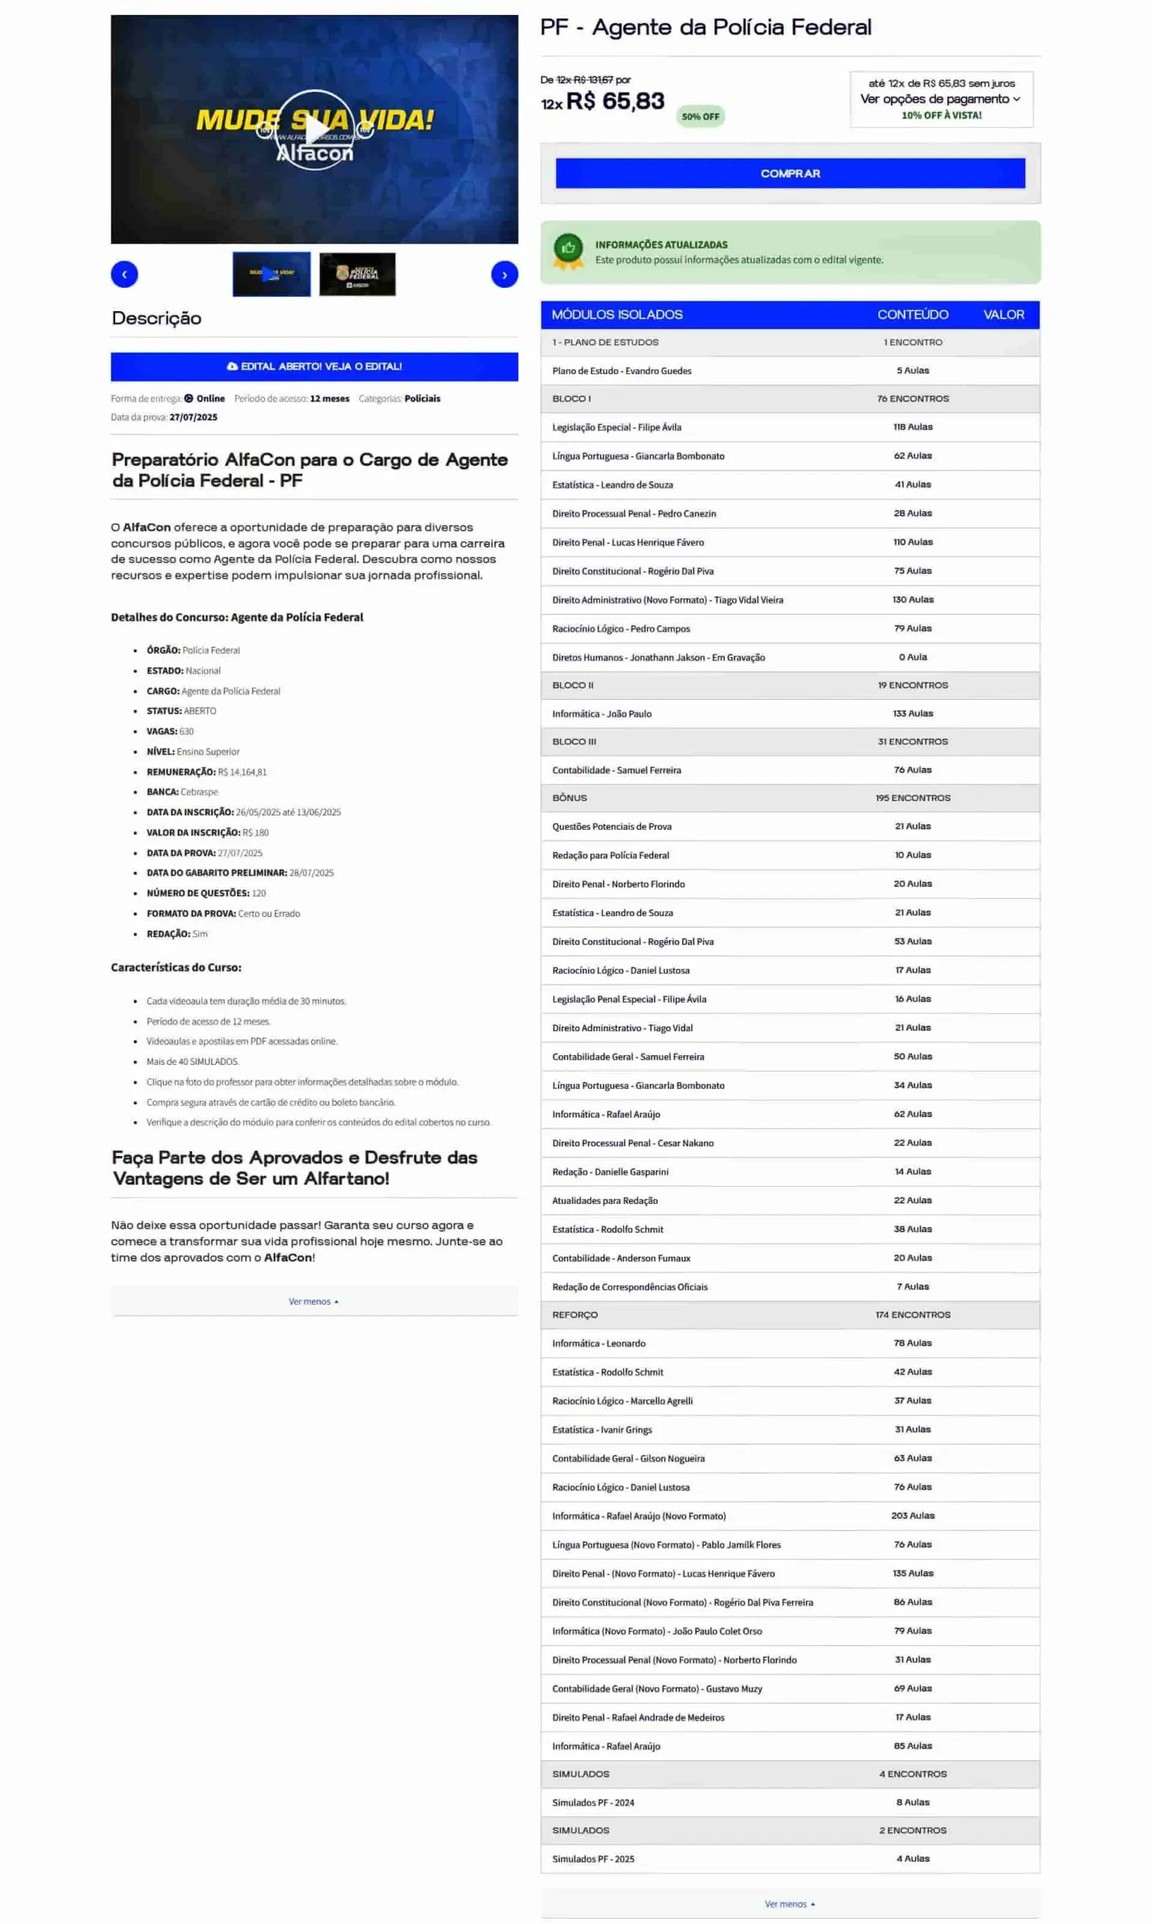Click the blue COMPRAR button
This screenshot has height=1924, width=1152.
click(x=790, y=173)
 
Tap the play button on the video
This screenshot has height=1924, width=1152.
click(x=314, y=129)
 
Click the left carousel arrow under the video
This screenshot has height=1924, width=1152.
click(x=124, y=274)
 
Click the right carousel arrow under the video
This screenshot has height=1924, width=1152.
click(x=504, y=274)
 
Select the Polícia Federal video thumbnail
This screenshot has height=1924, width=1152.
click(x=357, y=274)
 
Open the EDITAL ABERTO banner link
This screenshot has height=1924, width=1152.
click(x=314, y=366)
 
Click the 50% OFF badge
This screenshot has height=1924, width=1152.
click(x=700, y=116)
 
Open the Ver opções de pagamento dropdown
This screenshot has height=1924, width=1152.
click(x=940, y=98)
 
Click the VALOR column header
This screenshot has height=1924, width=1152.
click(x=1003, y=314)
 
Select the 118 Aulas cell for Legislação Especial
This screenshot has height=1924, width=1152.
click(x=913, y=427)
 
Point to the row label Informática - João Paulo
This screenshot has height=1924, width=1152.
click(x=602, y=714)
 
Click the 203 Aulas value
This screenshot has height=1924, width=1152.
click(x=913, y=1515)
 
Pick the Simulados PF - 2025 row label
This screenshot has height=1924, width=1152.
click(x=593, y=1859)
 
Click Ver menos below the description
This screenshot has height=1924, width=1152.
click(x=313, y=1301)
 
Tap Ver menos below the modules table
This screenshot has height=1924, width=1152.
click(x=790, y=1904)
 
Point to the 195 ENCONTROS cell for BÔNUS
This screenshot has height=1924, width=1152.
click(x=913, y=797)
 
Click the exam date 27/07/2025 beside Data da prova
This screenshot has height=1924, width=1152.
click(x=193, y=416)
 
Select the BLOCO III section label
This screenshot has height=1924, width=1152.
click(x=574, y=742)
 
